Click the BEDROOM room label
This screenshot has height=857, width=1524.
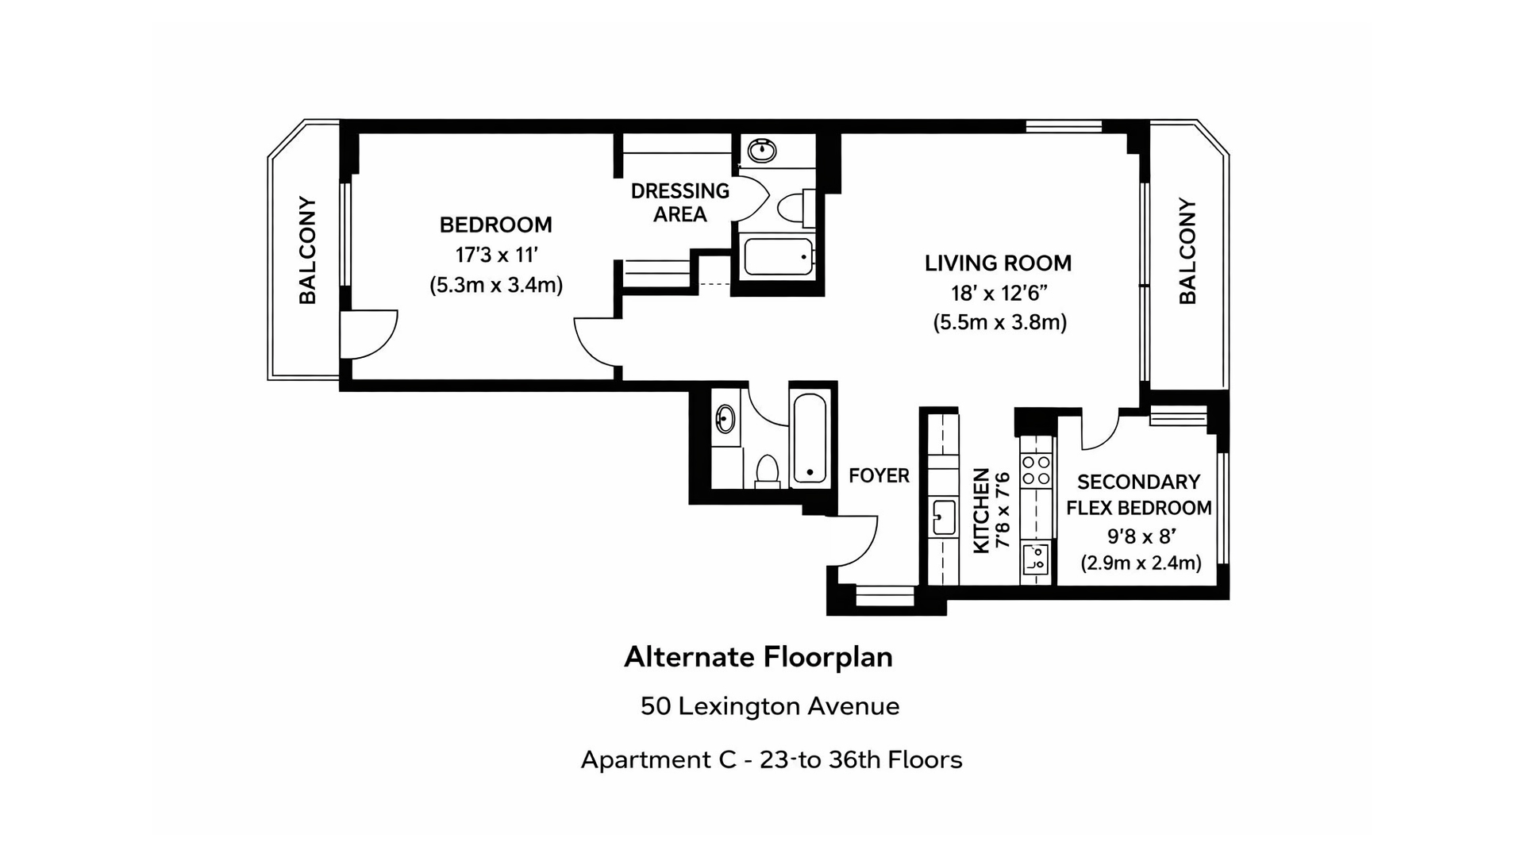(495, 225)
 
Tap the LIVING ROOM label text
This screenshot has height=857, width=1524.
(998, 263)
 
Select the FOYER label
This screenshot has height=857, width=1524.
(879, 476)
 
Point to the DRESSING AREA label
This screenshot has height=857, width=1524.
(679, 202)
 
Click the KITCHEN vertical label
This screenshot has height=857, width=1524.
(982, 510)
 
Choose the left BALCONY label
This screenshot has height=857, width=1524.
(308, 250)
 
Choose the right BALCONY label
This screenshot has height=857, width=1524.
(1187, 251)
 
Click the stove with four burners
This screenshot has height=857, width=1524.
(1036, 470)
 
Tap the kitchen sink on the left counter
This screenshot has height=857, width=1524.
(944, 518)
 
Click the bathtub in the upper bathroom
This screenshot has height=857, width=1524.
(779, 256)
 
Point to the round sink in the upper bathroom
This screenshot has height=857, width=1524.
(762, 149)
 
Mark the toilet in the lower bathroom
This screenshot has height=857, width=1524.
(767, 471)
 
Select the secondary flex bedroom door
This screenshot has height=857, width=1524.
(1099, 428)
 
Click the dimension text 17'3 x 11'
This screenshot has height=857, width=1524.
(496, 256)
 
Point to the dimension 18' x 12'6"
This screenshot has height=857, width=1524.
(999, 294)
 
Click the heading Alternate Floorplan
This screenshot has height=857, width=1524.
(758, 657)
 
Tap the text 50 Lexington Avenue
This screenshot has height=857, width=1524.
(769, 706)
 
